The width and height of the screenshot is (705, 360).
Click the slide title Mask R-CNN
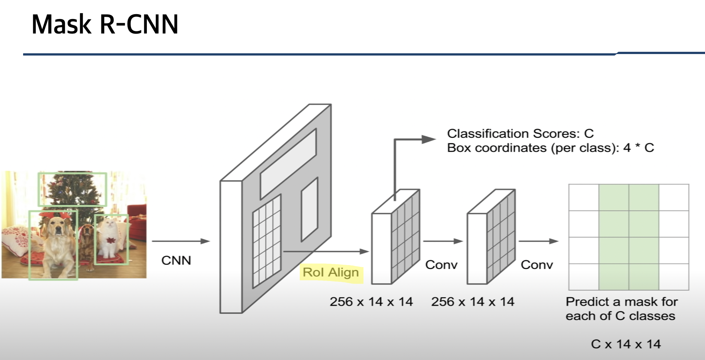coord(105,25)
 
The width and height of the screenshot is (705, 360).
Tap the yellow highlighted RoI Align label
coord(331,272)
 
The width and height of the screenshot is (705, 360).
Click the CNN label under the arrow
coord(176,260)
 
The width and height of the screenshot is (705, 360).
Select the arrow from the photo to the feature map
coord(181,241)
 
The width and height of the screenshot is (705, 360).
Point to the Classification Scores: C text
coord(520,133)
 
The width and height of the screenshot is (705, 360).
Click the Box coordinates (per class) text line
coord(550,148)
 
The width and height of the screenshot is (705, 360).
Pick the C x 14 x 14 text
coord(626,344)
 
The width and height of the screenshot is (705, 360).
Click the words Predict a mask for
coord(622,301)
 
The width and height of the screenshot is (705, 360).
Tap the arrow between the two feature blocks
coord(443,241)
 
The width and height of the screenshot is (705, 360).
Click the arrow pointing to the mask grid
coord(538,241)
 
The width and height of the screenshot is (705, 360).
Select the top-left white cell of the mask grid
coord(584,198)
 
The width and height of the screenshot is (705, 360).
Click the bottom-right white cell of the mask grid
coord(674,277)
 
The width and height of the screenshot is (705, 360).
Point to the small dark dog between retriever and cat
coord(86,239)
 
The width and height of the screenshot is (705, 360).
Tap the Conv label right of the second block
coord(537,265)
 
